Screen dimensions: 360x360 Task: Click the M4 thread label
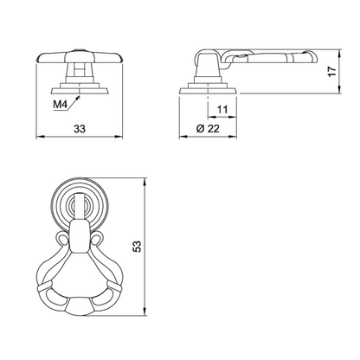61,105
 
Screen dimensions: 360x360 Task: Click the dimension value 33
80,129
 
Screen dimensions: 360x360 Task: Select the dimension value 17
332,71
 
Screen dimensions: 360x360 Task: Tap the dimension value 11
222,110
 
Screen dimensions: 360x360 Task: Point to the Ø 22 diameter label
208,128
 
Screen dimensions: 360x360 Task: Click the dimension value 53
138,246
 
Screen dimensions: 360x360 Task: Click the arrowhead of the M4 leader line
78,98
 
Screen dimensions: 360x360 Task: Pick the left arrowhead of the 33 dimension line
40,137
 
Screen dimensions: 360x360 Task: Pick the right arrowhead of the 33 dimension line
119,137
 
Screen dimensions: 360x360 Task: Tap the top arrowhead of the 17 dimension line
339,54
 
